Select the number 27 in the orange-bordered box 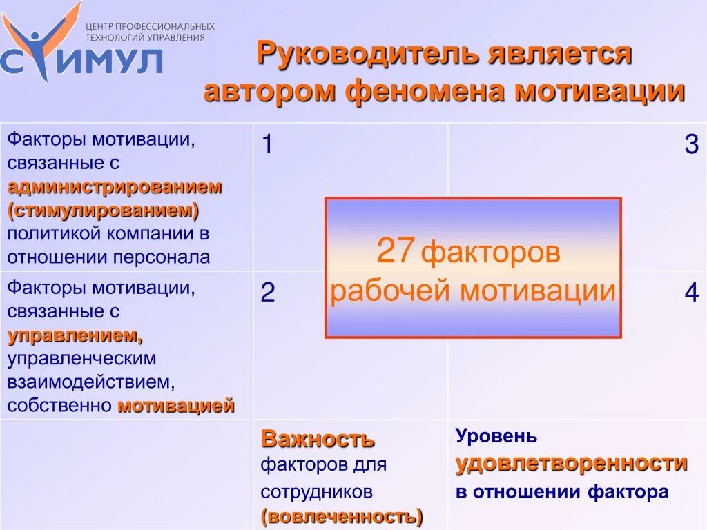coord(395,252)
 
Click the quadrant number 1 coord(267,146)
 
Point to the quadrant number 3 coord(691,145)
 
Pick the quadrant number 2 coord(268,293)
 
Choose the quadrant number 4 coord(691,293)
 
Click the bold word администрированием coord(115,186)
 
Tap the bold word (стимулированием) coord(104,209)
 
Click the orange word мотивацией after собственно coord(176,406)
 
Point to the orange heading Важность coord(318,438)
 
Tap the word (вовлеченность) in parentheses coord(342,516)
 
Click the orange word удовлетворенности coord(571,463)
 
